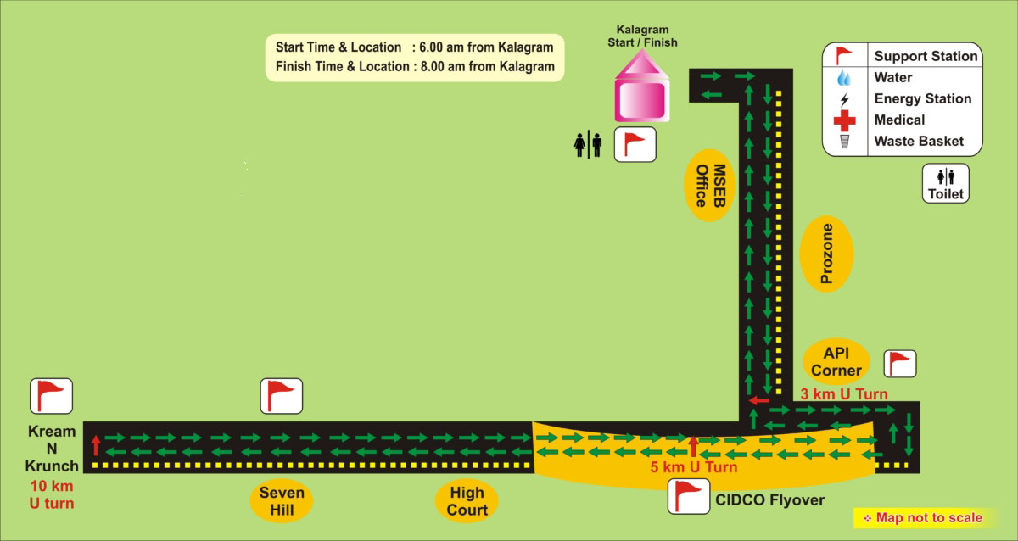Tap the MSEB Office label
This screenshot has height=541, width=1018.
click(x=710, y=186)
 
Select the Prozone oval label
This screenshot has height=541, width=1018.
click(x=826, y=254)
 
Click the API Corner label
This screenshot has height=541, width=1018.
click(x=836, y=361)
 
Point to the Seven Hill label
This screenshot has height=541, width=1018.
click(x=282, y=501)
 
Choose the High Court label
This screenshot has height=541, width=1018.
click(x=467, y=500)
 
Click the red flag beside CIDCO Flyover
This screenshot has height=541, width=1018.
click(x=688, y=496)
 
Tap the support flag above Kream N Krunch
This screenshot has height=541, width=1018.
click(x=52, y=396)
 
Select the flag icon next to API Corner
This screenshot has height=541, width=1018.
click(x=899, y=364)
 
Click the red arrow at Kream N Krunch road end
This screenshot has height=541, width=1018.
click(x=96, y=443)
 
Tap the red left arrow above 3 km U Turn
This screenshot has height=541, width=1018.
click(x=758, y=400)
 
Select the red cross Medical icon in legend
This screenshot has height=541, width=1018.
click(x=844, y=120)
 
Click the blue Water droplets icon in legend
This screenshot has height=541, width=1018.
click(x=844, y=78)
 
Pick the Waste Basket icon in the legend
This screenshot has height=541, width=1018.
click(x=844, y=142)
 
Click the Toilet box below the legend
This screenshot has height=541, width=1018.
click(x=946, y=183)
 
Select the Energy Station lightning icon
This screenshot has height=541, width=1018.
click(x=844, y=99)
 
